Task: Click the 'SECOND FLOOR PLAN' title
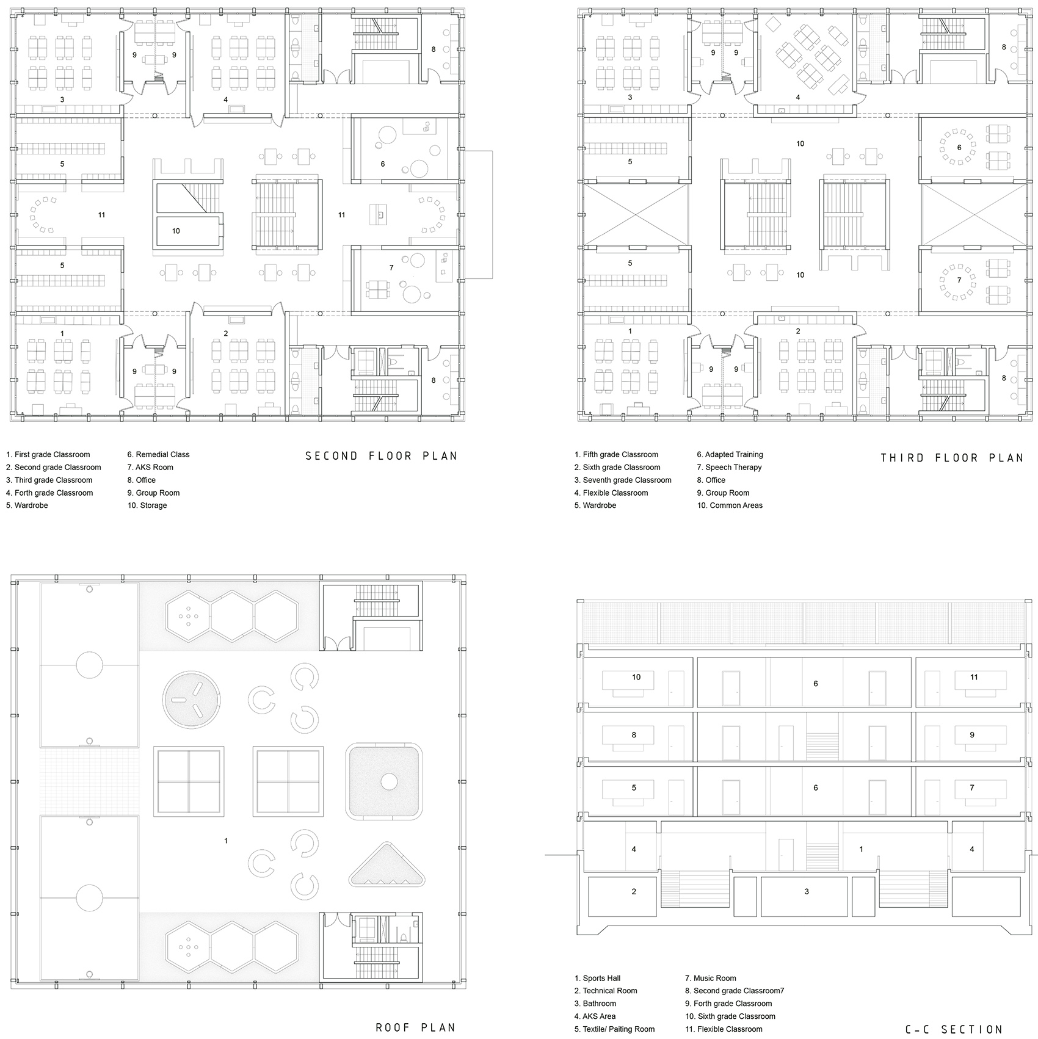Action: click(x=381, y=456)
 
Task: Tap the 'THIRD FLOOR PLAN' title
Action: click(x=952, y=458)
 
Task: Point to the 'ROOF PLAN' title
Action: click(x=415, y=1027)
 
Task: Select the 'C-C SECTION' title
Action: click(x=954, y=1030)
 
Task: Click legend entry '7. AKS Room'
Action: click(x=150, y=467)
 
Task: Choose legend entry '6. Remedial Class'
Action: click(x=158, y=454)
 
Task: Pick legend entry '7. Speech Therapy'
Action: click(x=729, y=467)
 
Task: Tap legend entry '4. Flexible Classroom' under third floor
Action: click(x=611, y=493)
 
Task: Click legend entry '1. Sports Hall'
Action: click(x=597, y=978)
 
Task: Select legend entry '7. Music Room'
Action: click(x=711, y=978)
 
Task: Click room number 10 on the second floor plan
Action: click(x=176, y=231)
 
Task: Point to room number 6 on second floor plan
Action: click(x=383, y=164)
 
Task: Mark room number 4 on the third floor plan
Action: click(x=798, y=97)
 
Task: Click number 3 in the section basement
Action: click(x=807, y=891)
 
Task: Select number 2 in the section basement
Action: click(x=634, y=891)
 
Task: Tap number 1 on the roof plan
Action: click(x=226, y=841)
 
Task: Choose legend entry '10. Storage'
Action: click(x=147, y=505)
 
